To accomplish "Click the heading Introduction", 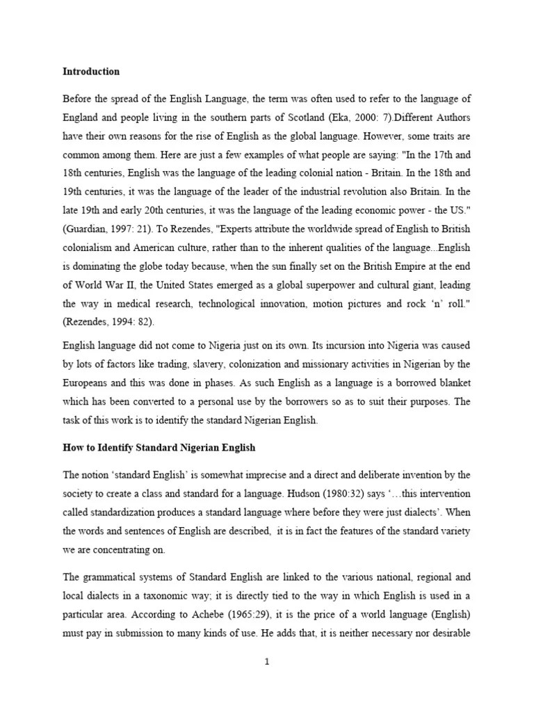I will coord(91,72).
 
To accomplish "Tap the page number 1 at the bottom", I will coord(266,661).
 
